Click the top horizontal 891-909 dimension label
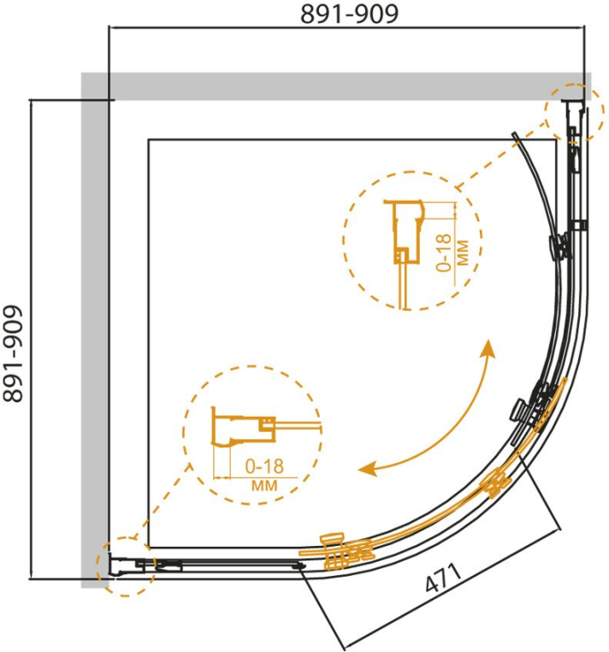point(349,15)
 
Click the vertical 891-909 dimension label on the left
point(13,354)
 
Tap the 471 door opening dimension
point(443,578)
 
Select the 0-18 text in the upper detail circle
point(444,252)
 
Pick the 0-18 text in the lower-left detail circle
point(264,466)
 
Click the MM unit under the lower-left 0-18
point(264,485)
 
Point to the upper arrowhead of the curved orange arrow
point(488,348)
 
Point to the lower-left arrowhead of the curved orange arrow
point(368,469)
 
